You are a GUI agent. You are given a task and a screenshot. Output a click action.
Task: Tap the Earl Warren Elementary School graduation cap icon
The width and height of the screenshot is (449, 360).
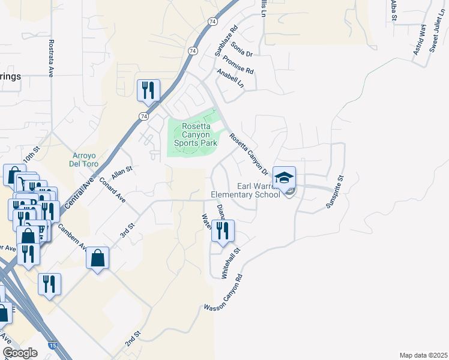point(285,178)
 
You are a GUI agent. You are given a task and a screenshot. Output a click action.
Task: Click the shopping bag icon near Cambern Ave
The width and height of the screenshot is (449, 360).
point(97,258)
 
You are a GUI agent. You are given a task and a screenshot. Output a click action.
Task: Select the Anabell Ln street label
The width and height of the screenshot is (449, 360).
point(231,77)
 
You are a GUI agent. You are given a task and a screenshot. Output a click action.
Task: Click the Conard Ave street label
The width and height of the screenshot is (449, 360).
point(112,190)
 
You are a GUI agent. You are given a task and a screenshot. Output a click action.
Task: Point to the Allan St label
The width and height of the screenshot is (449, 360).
point(121,173)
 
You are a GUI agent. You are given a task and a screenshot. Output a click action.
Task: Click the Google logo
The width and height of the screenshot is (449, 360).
point(20,353)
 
